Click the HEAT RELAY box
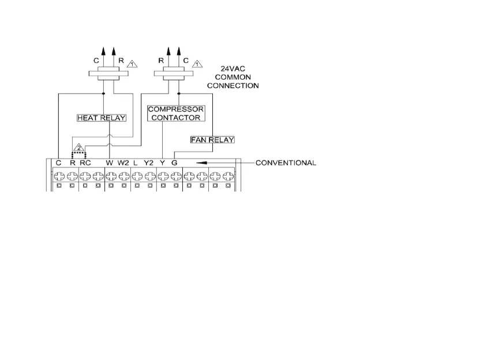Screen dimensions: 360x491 (102, 118)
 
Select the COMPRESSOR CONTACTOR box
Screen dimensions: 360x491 (175, 113)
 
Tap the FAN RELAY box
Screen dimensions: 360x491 (212, 140)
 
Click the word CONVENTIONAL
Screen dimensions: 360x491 (286, 163)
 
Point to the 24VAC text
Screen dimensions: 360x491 (233, 67)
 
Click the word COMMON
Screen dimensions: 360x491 (233, 77)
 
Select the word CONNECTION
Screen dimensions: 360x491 (233, 85)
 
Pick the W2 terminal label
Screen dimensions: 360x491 (123, 163)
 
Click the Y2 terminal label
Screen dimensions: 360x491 (149, 163)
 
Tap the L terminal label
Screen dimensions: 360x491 (135, 163)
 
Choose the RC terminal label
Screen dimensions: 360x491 (85, 163)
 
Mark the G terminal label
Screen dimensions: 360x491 (174, 163)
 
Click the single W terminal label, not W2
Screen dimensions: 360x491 (110, 163)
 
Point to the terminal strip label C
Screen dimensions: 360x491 (59, 163)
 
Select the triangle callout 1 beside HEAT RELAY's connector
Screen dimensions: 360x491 (132, 64)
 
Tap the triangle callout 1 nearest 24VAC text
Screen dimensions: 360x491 (198, 64)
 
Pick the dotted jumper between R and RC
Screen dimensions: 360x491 (78, 154)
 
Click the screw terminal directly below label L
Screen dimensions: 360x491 (136, 175)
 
